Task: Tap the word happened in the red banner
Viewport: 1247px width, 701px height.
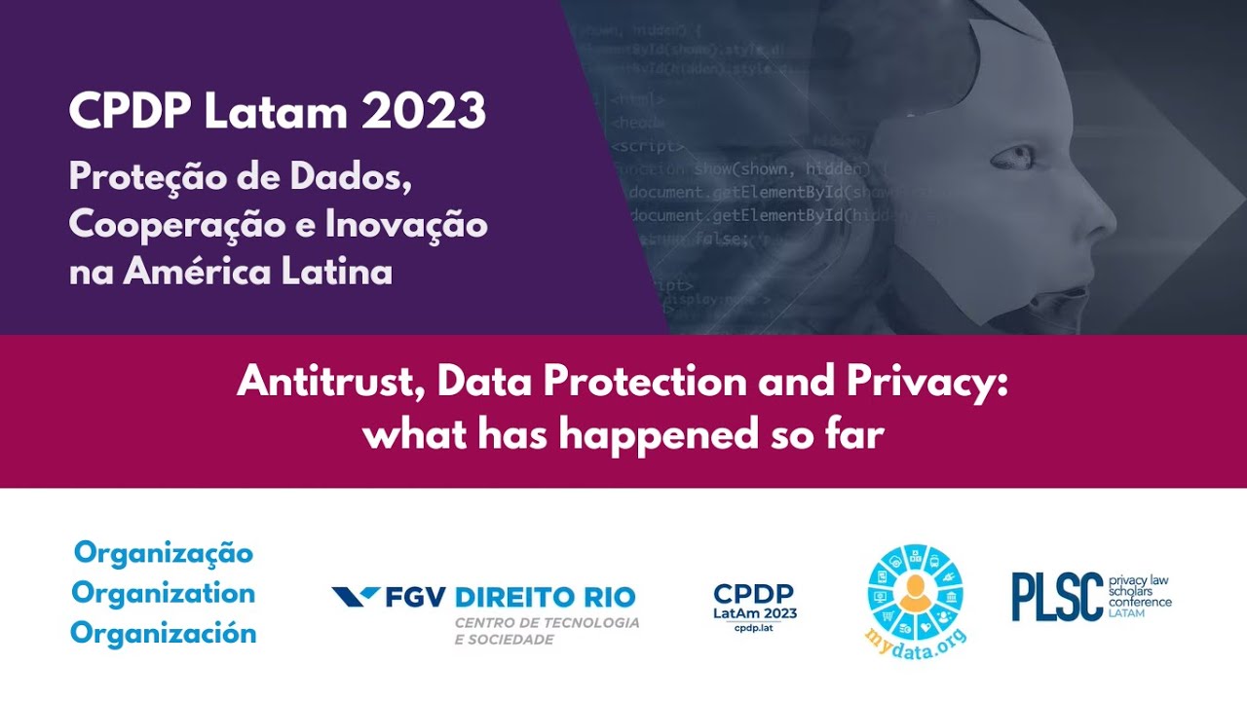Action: [636, 434]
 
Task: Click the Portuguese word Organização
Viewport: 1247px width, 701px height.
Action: [164, 553]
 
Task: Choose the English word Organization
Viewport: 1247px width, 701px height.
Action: [164, 593]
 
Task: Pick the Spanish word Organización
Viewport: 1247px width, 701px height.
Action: [164, 633]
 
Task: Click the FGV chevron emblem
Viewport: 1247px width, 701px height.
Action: [356, 596]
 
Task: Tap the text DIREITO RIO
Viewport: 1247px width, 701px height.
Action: [546, 596]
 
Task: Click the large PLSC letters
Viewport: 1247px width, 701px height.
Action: [1057, 596]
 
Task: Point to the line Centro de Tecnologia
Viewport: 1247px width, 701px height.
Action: [548, 622]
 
